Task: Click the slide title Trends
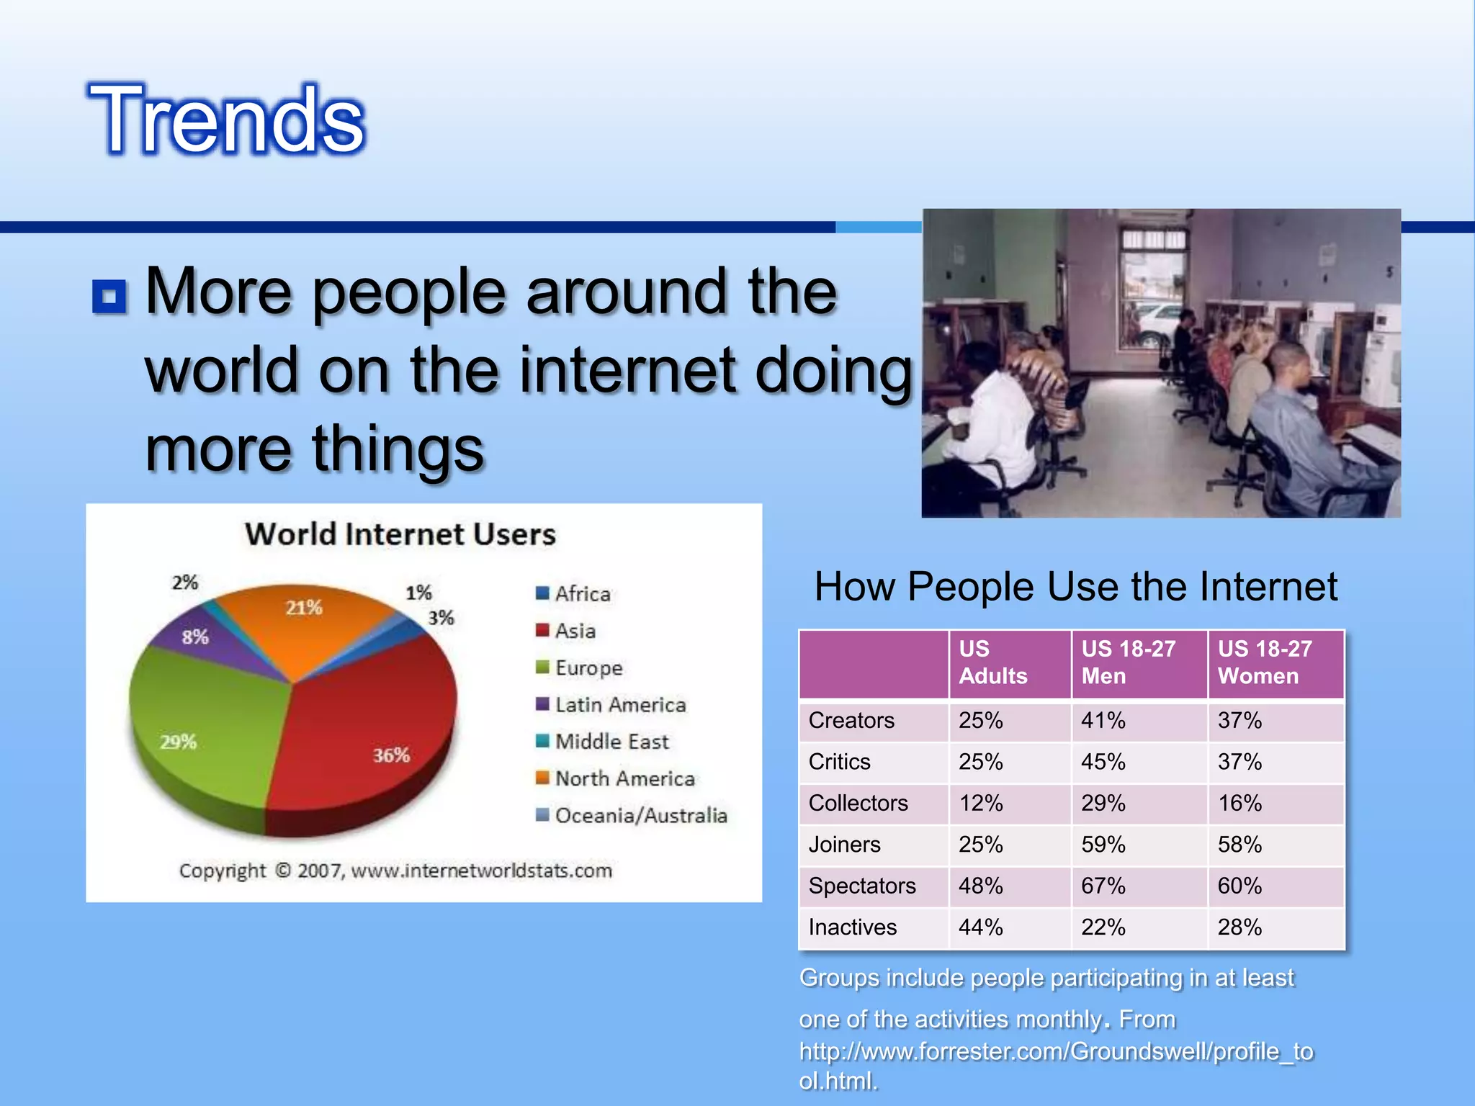point(226,120)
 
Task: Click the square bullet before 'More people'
point(109,297)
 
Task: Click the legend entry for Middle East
point(611,742)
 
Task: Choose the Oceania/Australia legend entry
point(640,815)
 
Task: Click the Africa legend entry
point(582,594)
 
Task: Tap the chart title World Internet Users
point(400,534)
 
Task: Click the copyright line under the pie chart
point(395,871)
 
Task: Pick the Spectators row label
point(862,886)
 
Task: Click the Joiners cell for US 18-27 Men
point(1103,845)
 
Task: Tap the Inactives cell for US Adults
point(980,927)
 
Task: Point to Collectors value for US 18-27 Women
point(1239,803)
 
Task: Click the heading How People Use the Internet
point(1075,586)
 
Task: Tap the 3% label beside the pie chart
point(441,618)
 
